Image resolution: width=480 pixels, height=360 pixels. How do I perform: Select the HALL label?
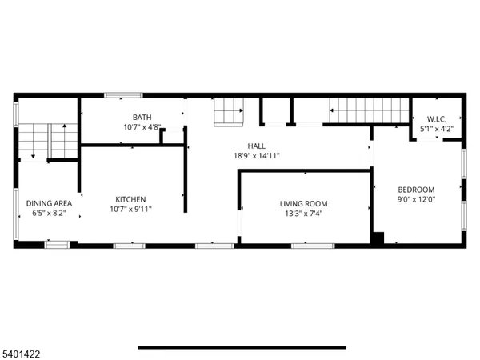[256, 146]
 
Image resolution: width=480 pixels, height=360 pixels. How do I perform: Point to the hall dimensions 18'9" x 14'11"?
[256, 156]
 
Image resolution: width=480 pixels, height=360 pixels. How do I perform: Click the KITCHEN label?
[130, 199]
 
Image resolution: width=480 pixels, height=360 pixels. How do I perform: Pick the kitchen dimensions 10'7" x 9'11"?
[130, 210]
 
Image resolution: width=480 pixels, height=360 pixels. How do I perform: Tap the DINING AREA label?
[50, 203]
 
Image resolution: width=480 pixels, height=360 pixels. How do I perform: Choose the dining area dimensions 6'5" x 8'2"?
[50, 214]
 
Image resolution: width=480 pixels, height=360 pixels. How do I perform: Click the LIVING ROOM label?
[303, 203]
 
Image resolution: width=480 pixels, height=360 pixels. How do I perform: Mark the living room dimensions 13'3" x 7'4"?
[303, 214]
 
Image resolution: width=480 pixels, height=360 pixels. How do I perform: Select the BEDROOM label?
[416, 190]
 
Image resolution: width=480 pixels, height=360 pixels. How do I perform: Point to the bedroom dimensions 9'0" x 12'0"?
[416, 200]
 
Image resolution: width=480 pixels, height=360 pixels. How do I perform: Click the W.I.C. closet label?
[436, 118]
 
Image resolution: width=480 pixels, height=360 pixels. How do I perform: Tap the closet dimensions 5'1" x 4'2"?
[436, 128]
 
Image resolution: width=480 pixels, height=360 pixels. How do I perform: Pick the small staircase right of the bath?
[229, 110]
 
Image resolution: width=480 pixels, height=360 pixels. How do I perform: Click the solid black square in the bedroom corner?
[378, 238]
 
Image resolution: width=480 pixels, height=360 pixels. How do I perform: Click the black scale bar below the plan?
[242, 347]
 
